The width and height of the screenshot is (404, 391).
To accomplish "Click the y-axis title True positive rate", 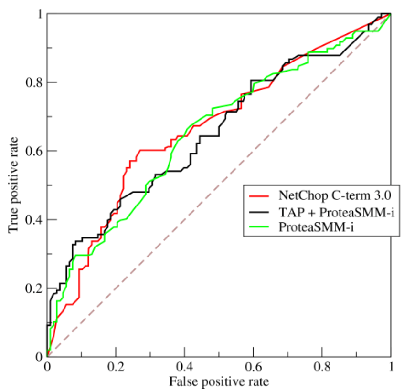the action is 13,185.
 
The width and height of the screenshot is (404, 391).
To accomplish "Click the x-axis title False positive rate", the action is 219,382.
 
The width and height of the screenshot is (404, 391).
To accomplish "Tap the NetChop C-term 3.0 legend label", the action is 335,196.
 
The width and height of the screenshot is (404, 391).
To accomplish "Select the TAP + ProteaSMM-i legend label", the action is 337,213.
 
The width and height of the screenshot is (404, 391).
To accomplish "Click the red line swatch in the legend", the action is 259,196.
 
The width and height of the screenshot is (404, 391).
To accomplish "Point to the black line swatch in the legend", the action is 259,212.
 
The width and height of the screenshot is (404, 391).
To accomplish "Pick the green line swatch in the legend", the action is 259,226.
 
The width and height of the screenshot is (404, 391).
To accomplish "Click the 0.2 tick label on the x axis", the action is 116,367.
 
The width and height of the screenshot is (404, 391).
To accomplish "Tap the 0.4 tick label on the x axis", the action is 184,367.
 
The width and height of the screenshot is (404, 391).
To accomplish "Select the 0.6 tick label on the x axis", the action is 253,367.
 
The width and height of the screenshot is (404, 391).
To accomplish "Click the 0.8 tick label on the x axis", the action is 322,367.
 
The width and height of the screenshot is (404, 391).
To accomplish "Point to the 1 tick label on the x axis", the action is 391,367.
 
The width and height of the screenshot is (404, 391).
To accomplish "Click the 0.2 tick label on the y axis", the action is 34,288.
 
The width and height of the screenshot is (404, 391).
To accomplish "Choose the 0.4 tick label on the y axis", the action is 34,220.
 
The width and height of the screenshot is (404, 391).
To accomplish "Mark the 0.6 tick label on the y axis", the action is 34,151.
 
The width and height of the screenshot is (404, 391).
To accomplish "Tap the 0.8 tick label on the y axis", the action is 34,82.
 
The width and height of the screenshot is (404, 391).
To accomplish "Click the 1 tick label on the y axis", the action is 40,14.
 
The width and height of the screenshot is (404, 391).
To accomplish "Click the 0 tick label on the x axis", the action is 47,367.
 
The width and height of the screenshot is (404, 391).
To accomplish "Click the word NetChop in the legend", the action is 303,196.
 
